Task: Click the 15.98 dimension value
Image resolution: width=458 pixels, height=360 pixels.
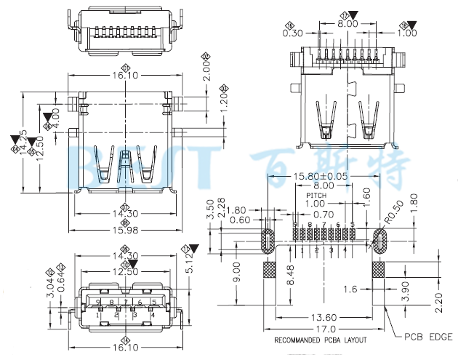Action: (x=125, y=231)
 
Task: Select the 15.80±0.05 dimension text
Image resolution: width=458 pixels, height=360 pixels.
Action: (x=320, y=177)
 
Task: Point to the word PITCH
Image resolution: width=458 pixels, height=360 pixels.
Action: (x=316, y=196)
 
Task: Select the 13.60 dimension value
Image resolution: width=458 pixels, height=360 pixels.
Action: (x=324, y=316)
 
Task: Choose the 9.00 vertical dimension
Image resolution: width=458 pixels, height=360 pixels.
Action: (x=236, y=273)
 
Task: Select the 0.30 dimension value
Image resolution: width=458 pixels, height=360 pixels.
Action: (x=292, y=33)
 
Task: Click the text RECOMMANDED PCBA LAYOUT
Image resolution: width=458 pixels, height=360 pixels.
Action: (x=320, y=340)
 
